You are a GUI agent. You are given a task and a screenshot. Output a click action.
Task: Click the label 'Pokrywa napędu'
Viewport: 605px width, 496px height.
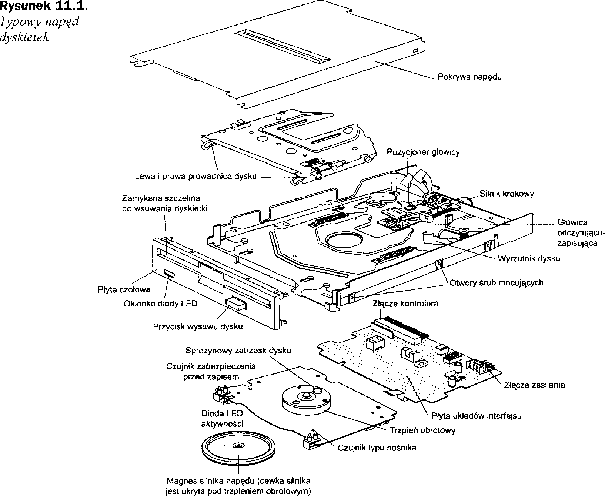pos(470,77)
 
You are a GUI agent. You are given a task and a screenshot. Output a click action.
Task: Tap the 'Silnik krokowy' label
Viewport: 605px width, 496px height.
pos(507,194)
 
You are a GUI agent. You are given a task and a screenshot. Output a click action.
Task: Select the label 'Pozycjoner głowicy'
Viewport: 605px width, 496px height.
pos(423,152)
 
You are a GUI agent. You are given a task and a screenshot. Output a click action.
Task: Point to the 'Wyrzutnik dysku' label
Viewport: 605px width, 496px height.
pos(529,259)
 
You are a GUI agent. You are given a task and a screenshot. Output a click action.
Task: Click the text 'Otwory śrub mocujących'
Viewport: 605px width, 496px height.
pos(497,283)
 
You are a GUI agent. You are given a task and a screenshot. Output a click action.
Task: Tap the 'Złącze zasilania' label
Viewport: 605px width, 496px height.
pos(534,385)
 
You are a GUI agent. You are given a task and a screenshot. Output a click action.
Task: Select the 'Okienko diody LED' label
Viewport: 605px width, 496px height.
pos(160,304)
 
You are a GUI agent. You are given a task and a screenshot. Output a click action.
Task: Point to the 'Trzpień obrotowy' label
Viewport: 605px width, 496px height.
pos(422,430)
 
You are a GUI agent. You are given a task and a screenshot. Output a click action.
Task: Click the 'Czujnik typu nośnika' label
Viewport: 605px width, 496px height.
pos(377,448)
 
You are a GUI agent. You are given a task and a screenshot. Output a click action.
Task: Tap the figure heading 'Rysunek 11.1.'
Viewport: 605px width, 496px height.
pos(44,7)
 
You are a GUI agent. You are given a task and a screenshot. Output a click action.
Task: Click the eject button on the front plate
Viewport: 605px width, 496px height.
pos(236,303)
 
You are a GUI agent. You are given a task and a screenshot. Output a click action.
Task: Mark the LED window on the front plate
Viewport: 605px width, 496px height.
pos(169,273)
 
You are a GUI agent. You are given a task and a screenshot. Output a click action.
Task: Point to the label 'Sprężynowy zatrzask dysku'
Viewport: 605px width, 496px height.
pos(238,350)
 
